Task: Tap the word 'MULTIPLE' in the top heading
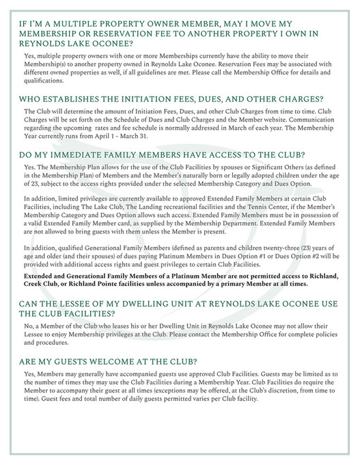point(84,23)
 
